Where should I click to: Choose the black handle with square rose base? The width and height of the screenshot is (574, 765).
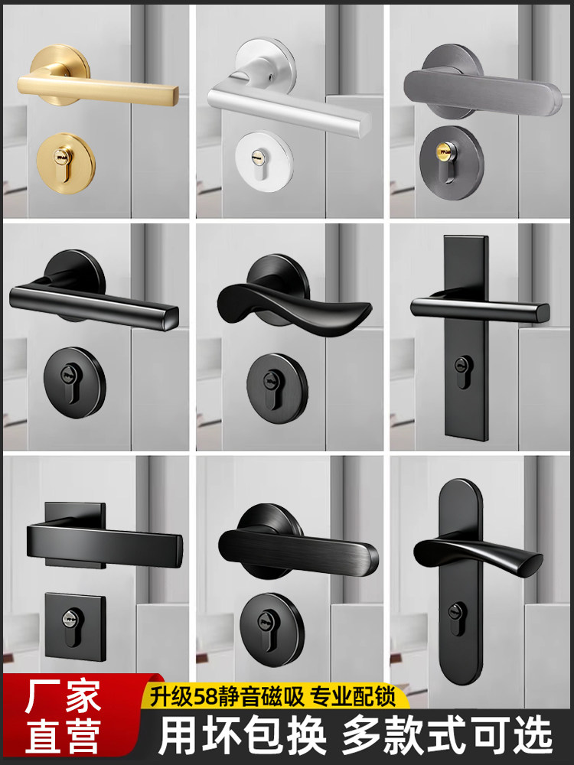(x=107, y=539)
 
